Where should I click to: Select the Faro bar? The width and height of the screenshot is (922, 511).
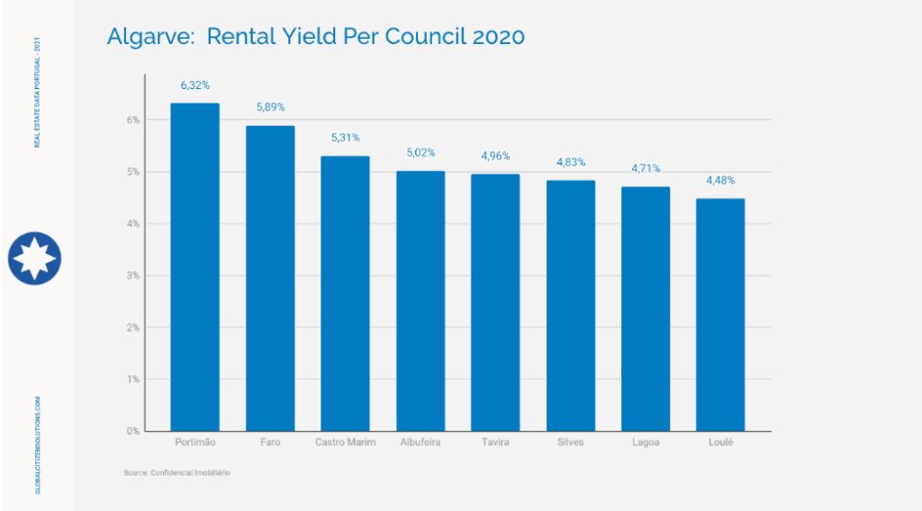(x=270, y=278)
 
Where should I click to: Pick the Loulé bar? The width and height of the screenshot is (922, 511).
(x=720, y=314)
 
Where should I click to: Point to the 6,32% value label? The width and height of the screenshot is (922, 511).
(x=194, y=85)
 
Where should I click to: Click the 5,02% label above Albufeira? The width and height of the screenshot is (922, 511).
(x=420, y=153)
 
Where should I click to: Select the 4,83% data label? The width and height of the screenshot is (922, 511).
(x=571, y=163)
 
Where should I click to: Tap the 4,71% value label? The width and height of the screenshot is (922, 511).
(x=646, y=168)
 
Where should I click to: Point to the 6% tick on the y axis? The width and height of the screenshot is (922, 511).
(x=132, y=120)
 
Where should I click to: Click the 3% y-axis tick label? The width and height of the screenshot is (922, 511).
(x=132, y=275)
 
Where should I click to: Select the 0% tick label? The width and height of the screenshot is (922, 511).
(x=132, y=431)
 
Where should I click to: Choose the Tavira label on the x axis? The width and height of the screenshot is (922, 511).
(x=495, y=443)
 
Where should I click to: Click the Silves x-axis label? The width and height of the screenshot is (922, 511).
(x=571, y=443)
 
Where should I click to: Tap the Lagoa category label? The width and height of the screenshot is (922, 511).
(x=646, y=443)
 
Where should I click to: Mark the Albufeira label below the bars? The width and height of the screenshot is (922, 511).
(x=420, y=443)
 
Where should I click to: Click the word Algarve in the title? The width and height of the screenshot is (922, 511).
(x=147, y=37)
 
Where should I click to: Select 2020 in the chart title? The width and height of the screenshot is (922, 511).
(x=493, y=37)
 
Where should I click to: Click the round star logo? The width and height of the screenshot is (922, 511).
(x=34, y=257)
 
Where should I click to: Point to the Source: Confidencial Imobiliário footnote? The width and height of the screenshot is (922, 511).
(x=177, y=472)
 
